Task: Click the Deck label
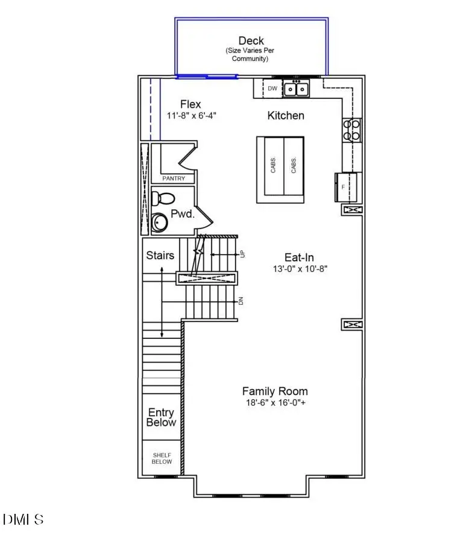click(x=251, y=41)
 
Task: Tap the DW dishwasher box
click(x=272, y=89)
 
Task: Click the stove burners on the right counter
click(x=352, y=130)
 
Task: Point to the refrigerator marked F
click(x=345, y=187)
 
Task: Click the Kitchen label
click(x=286, y=115)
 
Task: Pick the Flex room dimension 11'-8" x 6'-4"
click(x=191, y=115)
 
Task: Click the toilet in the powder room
click(x=163, y=198)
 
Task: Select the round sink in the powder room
click(x=159, y=223)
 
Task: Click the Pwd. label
click(x=182, y=213)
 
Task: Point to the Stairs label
click(x=160, y=255)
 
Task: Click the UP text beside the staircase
click(x=243, y=255)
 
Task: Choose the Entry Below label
click(x=161, y=417)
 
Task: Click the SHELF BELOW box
click(x=162, y=458)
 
